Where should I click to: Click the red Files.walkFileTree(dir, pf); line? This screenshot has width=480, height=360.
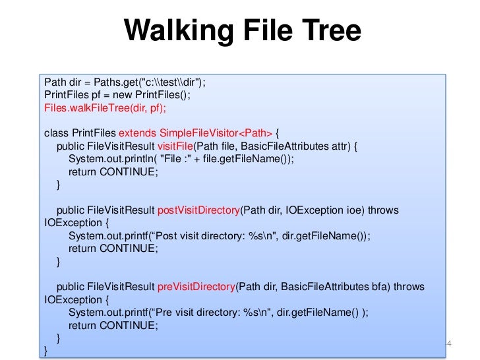105,107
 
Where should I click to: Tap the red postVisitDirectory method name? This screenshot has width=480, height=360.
198,210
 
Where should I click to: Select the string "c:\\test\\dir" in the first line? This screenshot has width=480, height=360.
160,82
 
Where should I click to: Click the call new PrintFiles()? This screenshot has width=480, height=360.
146,95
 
